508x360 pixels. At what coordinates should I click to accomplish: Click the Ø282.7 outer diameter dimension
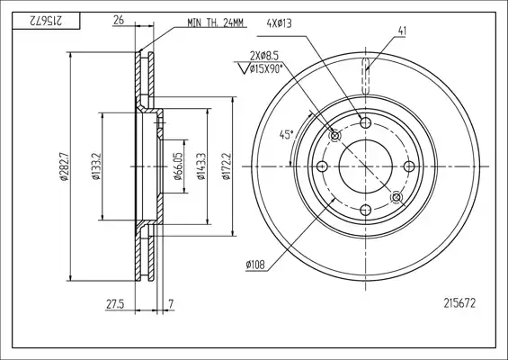click(x=64, y=166)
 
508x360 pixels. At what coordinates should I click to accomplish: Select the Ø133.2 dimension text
click(x=95, y=166)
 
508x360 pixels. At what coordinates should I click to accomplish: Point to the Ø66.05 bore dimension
click(x=178, y=166)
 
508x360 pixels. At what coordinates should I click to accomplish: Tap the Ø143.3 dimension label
click(x=201, y=166)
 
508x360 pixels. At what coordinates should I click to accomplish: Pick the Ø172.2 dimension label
click(x=227, y=166)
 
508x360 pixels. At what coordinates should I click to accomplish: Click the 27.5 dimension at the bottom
click(x=115, y=304)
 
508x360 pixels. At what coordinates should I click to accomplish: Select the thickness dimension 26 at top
click(x=119, y=20)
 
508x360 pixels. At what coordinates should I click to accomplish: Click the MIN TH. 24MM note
click(x=215, y=22)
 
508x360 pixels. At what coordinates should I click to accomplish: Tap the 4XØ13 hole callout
click(x=279, y=23)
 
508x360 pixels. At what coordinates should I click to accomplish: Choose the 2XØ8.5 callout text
click(x=264, y=56)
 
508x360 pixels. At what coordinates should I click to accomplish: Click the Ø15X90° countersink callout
click(x=266, y=68)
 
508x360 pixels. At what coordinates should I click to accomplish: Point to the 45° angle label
click(x=287, y=135)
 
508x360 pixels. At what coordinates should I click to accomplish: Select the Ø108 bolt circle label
click(x=255, y=265)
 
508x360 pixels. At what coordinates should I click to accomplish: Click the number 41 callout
click(x=402, y=31)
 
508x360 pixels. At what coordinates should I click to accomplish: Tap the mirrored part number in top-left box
click(x=46, y=22)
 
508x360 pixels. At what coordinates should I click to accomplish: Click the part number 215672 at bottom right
click(x=459, y=303)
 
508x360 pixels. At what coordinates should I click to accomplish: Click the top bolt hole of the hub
click(x=366, y=123)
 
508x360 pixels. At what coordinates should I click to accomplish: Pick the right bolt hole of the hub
click(x=409, y=166)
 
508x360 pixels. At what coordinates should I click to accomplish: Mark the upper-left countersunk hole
click(x=335, y=136)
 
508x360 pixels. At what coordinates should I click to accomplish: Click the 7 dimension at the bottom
click(x=171, y=304)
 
